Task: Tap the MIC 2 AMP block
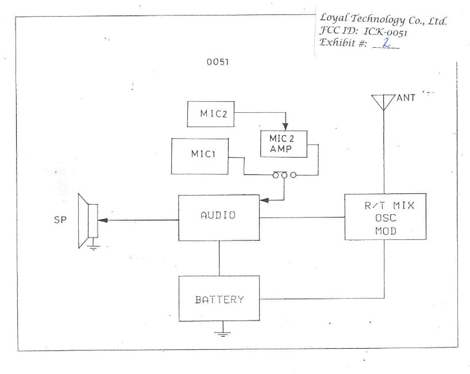pyautogui.click(x=284, y=143)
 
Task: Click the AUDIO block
pyautogui.click(x=219, y=217)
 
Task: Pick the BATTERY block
pyautogui.click(x=219, y=299)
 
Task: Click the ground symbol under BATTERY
pyautogui.click(x=219, y=332)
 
